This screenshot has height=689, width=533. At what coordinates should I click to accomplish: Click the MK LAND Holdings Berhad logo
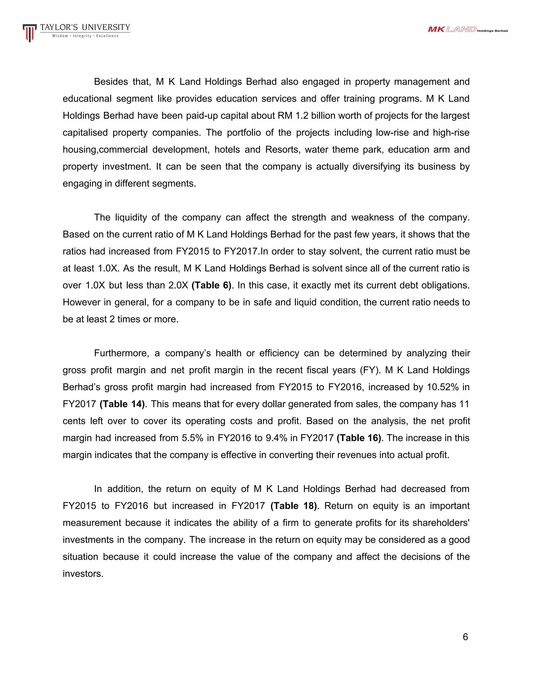(467, 30)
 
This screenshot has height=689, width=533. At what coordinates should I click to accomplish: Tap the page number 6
(465, 637)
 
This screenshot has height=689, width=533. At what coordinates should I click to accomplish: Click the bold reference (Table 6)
(211, 285)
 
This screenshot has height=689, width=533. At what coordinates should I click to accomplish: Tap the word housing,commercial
(105, 149)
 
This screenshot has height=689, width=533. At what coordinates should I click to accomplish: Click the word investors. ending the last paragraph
(83, 574)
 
